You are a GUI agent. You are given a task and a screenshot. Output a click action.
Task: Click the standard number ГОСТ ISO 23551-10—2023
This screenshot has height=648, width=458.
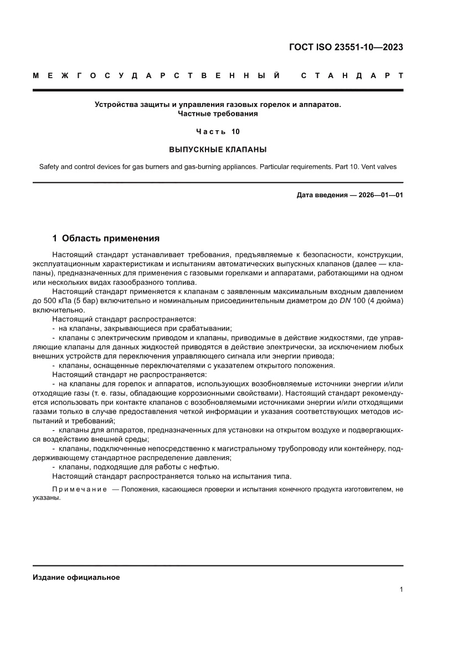(x=346, y=47)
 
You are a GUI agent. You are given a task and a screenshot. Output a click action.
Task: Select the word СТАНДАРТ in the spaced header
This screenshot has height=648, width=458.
(x=352, y=75)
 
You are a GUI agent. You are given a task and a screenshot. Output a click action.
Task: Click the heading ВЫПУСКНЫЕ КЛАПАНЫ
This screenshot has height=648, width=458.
(x=218, y=149)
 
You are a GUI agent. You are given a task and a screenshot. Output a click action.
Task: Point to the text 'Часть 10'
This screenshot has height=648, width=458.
(x=218, y=131)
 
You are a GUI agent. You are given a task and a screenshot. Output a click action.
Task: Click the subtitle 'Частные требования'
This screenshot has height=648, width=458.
(x=218, y=114)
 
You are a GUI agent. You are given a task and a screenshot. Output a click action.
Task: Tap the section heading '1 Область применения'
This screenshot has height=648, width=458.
(x=105, y=238)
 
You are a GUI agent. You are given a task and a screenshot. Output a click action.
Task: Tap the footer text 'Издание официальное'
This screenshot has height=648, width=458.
(x=76, y=577)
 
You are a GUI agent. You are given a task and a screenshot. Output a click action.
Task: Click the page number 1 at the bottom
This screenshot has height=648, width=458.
(x=400, y=590)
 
